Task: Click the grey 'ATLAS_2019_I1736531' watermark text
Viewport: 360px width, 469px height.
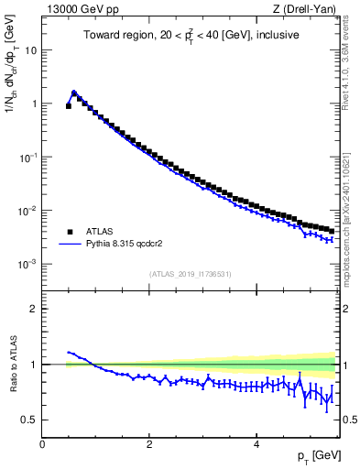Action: coord(190,274)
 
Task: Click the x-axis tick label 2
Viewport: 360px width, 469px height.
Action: coord(149,444)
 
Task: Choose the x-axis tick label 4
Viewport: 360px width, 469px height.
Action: coord(256,444)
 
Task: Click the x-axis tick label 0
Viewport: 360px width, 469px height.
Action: coord(42,444)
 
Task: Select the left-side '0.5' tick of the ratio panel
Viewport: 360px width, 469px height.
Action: coord(29,420)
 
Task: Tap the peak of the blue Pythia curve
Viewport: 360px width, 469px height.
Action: coord(74,92)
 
